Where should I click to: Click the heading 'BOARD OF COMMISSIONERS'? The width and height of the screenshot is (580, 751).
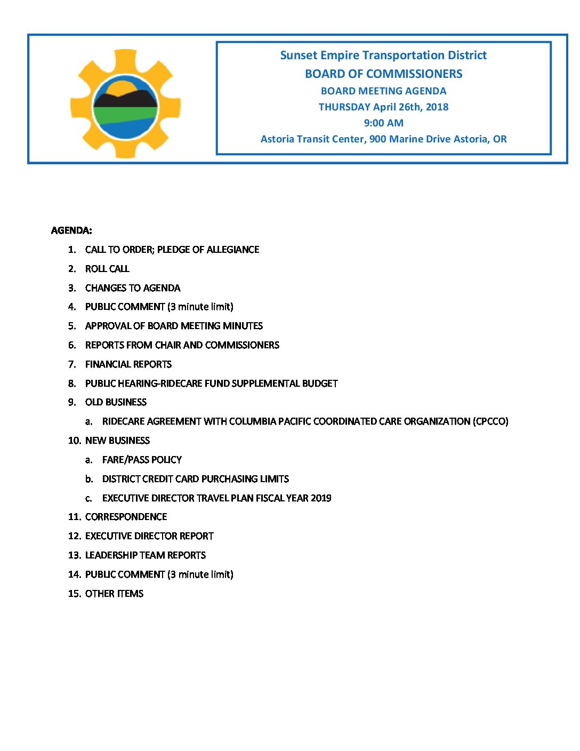tap(383, 74)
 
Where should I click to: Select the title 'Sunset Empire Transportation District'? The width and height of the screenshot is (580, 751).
tap(383, 55)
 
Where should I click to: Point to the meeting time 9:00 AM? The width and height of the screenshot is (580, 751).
tap(383, 123)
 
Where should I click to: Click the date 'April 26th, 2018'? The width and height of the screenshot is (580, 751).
tap(410, 107)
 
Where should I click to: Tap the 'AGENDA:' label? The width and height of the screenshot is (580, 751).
tap(71, 230)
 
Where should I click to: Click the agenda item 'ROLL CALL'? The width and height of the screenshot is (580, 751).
tap(107, 269)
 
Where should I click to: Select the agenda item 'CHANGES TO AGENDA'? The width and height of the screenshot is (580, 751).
tap(133, 288)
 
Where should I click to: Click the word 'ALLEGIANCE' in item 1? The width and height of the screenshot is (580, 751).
tap(233, 250)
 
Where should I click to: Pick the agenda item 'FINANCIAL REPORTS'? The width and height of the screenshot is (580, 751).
tap(128, 364)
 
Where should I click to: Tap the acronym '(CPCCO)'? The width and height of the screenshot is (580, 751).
tap(490, 421)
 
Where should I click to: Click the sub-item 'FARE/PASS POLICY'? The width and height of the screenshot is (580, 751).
tap(142, 460)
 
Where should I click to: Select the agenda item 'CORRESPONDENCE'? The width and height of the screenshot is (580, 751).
tap(126, 517)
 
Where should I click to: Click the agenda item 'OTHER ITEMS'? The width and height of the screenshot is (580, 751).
tap(114, 594)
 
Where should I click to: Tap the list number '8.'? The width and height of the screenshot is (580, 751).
tap(72, 384)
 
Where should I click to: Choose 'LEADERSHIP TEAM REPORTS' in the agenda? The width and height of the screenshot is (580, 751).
tap(146, 555)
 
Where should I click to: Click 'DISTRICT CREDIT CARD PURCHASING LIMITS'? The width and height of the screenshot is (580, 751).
tap(196, 479)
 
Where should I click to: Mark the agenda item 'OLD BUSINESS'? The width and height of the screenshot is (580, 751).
tap(116, 402)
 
